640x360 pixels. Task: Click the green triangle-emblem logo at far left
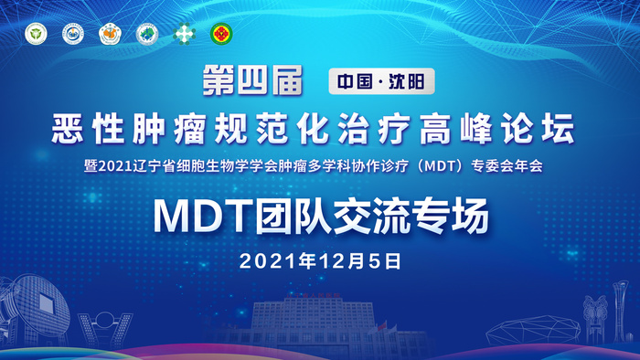[36, 34]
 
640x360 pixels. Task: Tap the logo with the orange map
[111, 34]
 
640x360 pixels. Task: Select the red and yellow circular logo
[221, 34]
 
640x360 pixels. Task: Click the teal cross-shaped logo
[184, 34]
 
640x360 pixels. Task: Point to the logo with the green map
[147, 34]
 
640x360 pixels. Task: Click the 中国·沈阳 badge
[381, 81]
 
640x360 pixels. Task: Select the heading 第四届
[252, 80]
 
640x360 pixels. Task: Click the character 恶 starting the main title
[68, 128]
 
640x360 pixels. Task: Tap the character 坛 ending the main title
[559, 128]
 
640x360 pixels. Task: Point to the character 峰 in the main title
[476, 128]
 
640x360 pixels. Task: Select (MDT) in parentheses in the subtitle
[439, 166]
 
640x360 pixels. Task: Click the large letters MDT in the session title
[203, 216]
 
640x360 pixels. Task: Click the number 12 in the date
[333, 261]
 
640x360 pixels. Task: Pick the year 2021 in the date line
[269, 261]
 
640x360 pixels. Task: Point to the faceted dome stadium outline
[533, 330]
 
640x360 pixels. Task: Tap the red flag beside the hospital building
[382, 326]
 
